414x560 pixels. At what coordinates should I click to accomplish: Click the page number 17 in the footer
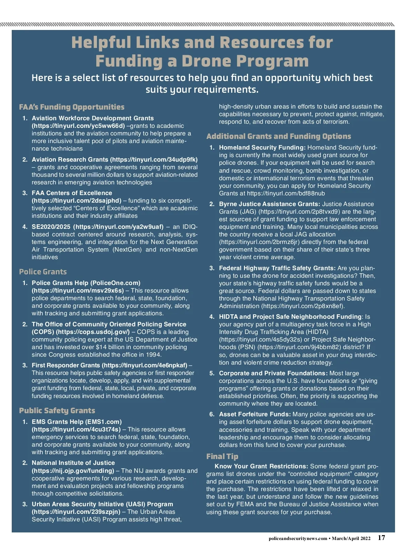[381, 538]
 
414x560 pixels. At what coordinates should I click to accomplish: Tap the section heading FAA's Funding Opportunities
[72, 107]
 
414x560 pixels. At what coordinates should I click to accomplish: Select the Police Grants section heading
[43, 272]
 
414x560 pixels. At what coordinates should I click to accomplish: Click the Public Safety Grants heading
[57, 411]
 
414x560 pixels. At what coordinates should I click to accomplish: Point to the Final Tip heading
[222, 457]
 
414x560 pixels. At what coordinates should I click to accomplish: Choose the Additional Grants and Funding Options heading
[279, 136]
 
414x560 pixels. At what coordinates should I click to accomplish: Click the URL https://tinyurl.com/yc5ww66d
[78, 126]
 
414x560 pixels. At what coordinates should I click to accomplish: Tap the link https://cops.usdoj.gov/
[93, 332]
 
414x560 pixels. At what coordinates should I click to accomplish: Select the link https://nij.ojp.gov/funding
[73, 471]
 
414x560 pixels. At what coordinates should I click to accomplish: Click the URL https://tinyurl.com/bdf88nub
[286, 193]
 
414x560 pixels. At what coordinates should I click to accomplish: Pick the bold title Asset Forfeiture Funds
[255, 414]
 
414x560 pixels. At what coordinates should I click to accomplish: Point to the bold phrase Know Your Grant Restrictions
[261, 466]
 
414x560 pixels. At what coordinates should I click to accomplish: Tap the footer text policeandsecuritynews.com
[298, 539]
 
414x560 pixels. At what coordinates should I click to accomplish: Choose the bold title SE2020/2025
[51, 227]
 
